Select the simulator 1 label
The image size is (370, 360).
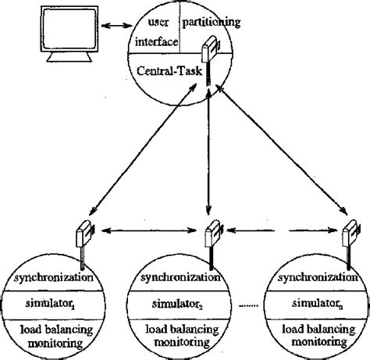click(x=52, y=301)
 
